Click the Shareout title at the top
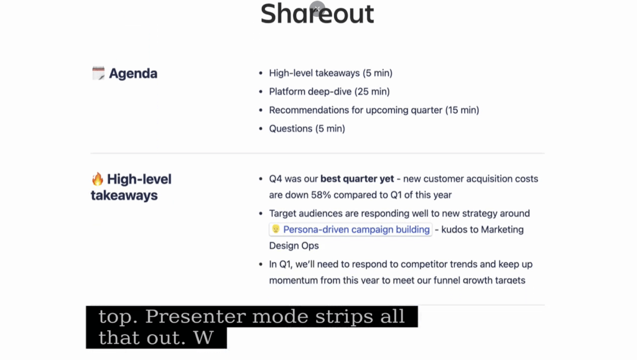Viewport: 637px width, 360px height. click(317, 14)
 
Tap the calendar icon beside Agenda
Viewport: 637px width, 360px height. click(98, 73)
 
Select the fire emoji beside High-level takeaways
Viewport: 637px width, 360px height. click(98, 179)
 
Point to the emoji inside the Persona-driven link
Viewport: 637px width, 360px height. click(276, 229)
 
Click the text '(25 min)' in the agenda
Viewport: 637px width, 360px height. click(372, 92)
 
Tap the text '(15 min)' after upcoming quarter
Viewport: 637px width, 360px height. click(462, 111)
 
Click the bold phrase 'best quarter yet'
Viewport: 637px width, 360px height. click(357, 179)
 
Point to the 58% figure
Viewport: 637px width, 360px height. click(322, 195)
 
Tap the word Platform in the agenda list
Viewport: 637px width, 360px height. click(287, 92)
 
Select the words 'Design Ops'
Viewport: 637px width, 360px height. click(294, 246)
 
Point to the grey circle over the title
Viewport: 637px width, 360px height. click(317, 8)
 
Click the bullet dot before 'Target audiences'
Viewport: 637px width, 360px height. click(261, 213)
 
